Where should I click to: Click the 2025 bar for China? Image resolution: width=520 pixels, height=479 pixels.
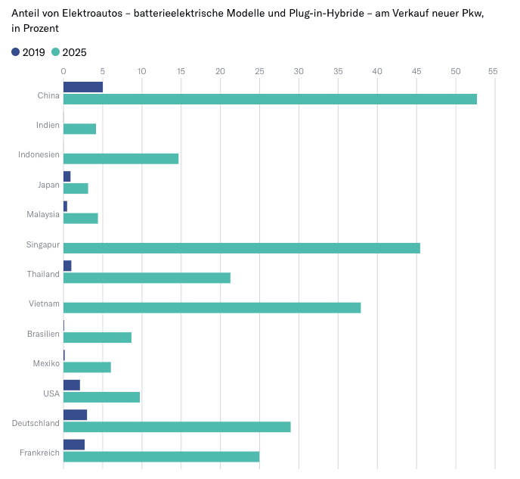coord(270,99)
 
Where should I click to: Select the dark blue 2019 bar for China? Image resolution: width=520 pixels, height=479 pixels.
coord(83,87)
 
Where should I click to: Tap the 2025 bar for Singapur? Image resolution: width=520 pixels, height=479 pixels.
coord(242,248)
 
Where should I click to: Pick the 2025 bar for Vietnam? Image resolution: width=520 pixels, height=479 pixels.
coord(212,307)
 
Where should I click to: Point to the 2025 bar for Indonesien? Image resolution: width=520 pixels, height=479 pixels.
coord(121,158)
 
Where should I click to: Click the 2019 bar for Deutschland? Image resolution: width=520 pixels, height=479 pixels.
coord(75,415)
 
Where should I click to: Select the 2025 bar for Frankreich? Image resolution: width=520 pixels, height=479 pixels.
coord(161,456)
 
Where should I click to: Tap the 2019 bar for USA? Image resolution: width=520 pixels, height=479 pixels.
coord(72,385)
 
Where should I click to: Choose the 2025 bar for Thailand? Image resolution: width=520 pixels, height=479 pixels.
coord(147,278)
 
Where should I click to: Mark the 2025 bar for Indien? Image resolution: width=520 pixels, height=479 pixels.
coord(79,129)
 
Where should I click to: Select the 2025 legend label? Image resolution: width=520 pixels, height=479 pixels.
coord(74,52)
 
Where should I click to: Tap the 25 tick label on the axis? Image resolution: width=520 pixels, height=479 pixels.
coord(259,71)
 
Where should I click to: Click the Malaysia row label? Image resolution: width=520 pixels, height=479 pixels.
coord(43,214)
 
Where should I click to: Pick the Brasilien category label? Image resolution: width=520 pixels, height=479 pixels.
coord(42,333)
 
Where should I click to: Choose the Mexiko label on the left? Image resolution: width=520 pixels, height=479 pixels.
coord(46,363)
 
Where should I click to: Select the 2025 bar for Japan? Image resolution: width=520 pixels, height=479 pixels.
coord(76,188)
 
